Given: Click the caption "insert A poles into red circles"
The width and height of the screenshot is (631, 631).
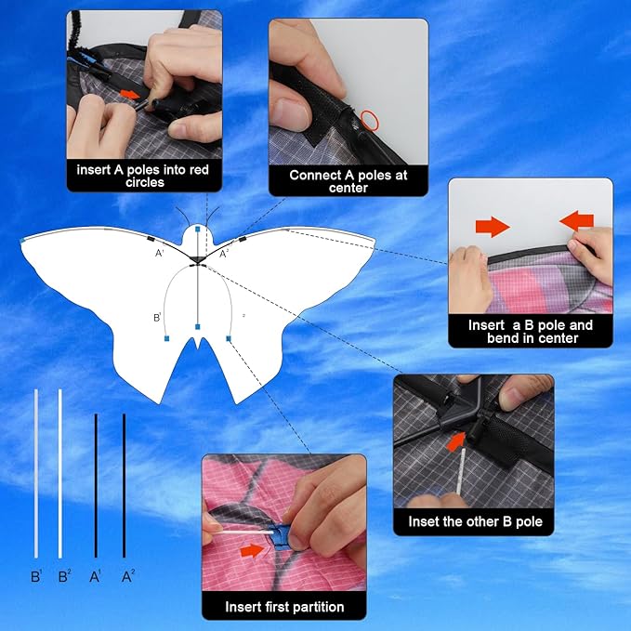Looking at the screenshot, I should point(143,177).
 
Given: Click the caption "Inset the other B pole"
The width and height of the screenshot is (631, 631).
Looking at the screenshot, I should point(474,521).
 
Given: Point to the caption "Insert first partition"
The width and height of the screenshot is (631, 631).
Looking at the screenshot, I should point(284,607).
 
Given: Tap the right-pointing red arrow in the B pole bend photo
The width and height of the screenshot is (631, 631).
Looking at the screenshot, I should point(493,226).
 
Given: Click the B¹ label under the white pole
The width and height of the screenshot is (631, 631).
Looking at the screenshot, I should point(36,577).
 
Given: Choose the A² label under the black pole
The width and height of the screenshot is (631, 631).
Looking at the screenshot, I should point(127,577).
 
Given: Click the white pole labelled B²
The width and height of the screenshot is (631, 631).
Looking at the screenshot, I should point(60,474).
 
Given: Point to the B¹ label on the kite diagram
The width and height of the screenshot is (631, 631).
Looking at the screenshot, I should point(157,317).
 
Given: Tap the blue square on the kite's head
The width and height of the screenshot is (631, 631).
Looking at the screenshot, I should point(198,229).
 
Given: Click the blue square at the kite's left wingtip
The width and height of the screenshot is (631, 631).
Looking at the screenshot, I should point(23,241).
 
